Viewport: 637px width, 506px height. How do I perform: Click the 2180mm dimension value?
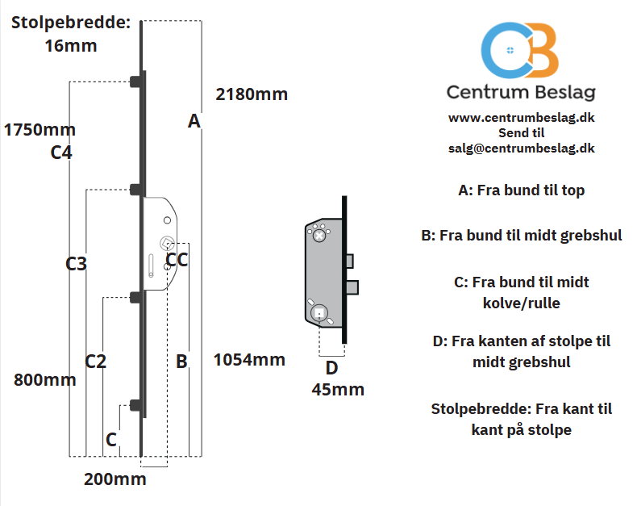[x=252, y=94]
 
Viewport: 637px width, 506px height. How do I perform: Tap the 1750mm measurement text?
[x=40, y=130]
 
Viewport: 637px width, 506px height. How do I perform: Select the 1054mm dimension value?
[x=249, y=360]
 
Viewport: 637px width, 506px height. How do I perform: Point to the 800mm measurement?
[x=45, y=380]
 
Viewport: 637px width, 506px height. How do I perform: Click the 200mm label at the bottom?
[x=115, y=479]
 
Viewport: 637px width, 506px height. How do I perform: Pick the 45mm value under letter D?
[x=338, y=390]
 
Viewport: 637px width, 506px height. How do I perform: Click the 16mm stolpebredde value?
[x=71, y=45]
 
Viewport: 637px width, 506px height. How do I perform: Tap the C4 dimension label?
[x=61, y=153]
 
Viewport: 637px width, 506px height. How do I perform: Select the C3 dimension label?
[x=77, y=264]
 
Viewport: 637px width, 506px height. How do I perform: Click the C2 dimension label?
[x=96, y=362]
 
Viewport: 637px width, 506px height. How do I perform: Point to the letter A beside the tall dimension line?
[x=194, y=121]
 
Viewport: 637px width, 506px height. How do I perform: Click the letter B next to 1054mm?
[x=181, y=362]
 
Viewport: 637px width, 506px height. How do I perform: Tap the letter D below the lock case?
[x=332, y=368]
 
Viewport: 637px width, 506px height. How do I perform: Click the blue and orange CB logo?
[x=520, y=50]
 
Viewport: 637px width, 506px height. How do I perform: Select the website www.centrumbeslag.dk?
[x=521, y=118]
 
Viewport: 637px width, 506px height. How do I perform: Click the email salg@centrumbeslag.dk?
[x=521, y=148]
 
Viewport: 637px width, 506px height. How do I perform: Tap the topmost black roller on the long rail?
[x=136, y=82]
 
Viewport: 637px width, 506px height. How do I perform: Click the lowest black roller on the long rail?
[x=136, y=405]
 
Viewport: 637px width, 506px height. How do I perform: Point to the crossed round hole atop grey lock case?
[x=319, y=236]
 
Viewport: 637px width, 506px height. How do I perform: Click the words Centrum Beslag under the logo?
[x=521, y=93]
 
